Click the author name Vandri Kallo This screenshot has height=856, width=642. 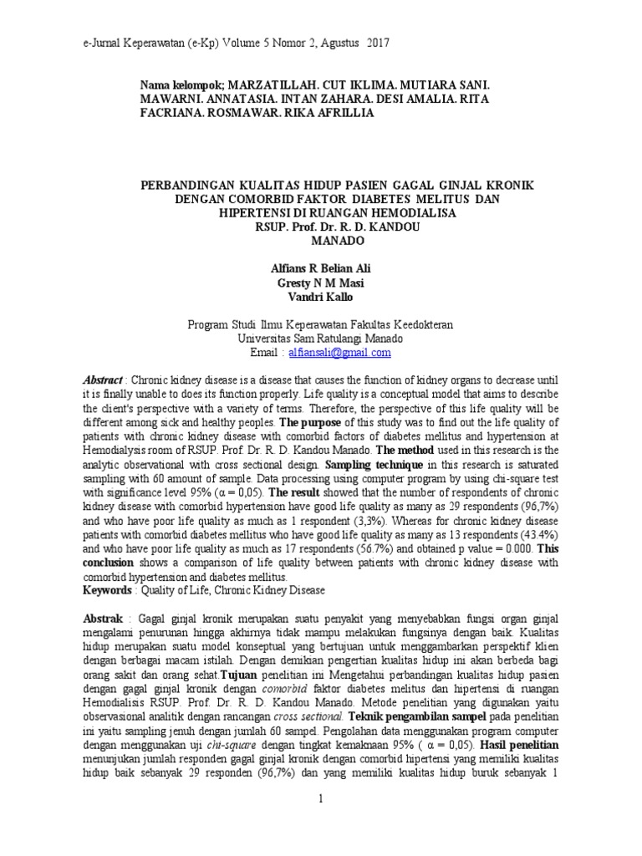(x=320, y=296)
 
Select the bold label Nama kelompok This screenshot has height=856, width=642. (x=181, y=85)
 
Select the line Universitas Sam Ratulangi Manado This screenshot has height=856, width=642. (x=320, y=339)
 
